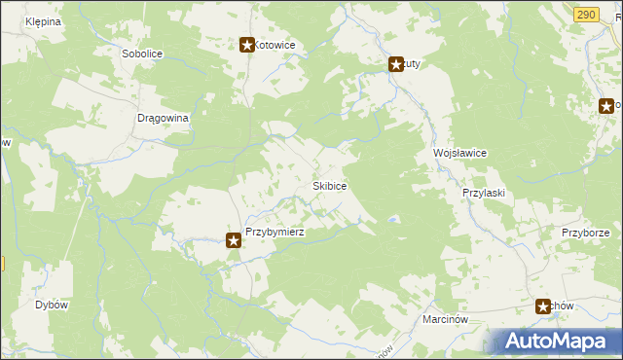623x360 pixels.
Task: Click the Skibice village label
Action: click(x=329, y=185)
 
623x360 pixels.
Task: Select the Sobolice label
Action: click(x=142, y=54)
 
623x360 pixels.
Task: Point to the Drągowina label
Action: click(x=162, y=117)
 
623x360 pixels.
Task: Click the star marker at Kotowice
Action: click(x=247, y=45)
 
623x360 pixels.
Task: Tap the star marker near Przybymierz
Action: click(x=234, y=239)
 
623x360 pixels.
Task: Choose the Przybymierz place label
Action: click(x=275, y=233)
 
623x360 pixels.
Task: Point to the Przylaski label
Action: click(x=483, y=193)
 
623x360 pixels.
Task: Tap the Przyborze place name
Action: click(x=585, y=233)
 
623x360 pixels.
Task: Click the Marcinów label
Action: click(x=447, y=318)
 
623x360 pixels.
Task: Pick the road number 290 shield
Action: click(x=585, y=14)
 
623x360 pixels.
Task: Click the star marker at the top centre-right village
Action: click(x=396, y=65)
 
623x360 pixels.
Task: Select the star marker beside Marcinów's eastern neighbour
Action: click(x=543, y=306)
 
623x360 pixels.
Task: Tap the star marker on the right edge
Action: click(x=605, y=106)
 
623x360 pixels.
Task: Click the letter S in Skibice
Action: click(x=314, y=185)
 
